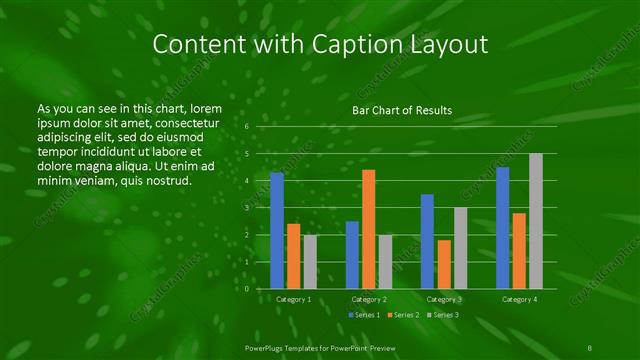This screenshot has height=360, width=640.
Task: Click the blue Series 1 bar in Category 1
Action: pos(277,230)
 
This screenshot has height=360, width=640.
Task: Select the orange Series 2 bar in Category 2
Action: pos(368,229)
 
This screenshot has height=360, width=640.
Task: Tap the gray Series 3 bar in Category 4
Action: pos(535,221)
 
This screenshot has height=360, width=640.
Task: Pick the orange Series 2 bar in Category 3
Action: pos(444,264)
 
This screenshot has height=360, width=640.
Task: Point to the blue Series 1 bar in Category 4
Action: pos(502,227)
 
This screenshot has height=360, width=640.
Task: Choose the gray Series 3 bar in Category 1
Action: pos(310,261)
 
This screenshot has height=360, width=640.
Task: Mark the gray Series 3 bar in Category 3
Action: pos(460,248)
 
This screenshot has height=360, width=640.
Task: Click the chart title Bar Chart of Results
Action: pos(401,110)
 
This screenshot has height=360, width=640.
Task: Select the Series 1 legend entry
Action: pos(363,315)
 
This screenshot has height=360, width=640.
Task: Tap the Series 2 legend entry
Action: pos(403,315)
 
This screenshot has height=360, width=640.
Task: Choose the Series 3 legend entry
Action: pos(443,315)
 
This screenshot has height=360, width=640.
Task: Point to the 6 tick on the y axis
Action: pos(246,127)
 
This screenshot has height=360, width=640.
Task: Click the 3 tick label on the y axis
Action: pos(246,208)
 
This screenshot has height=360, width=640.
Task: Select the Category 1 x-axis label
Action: pos(293,299)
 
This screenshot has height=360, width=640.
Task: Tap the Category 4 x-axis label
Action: pos(519,299)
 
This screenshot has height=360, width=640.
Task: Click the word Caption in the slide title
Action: pos(346,45)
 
